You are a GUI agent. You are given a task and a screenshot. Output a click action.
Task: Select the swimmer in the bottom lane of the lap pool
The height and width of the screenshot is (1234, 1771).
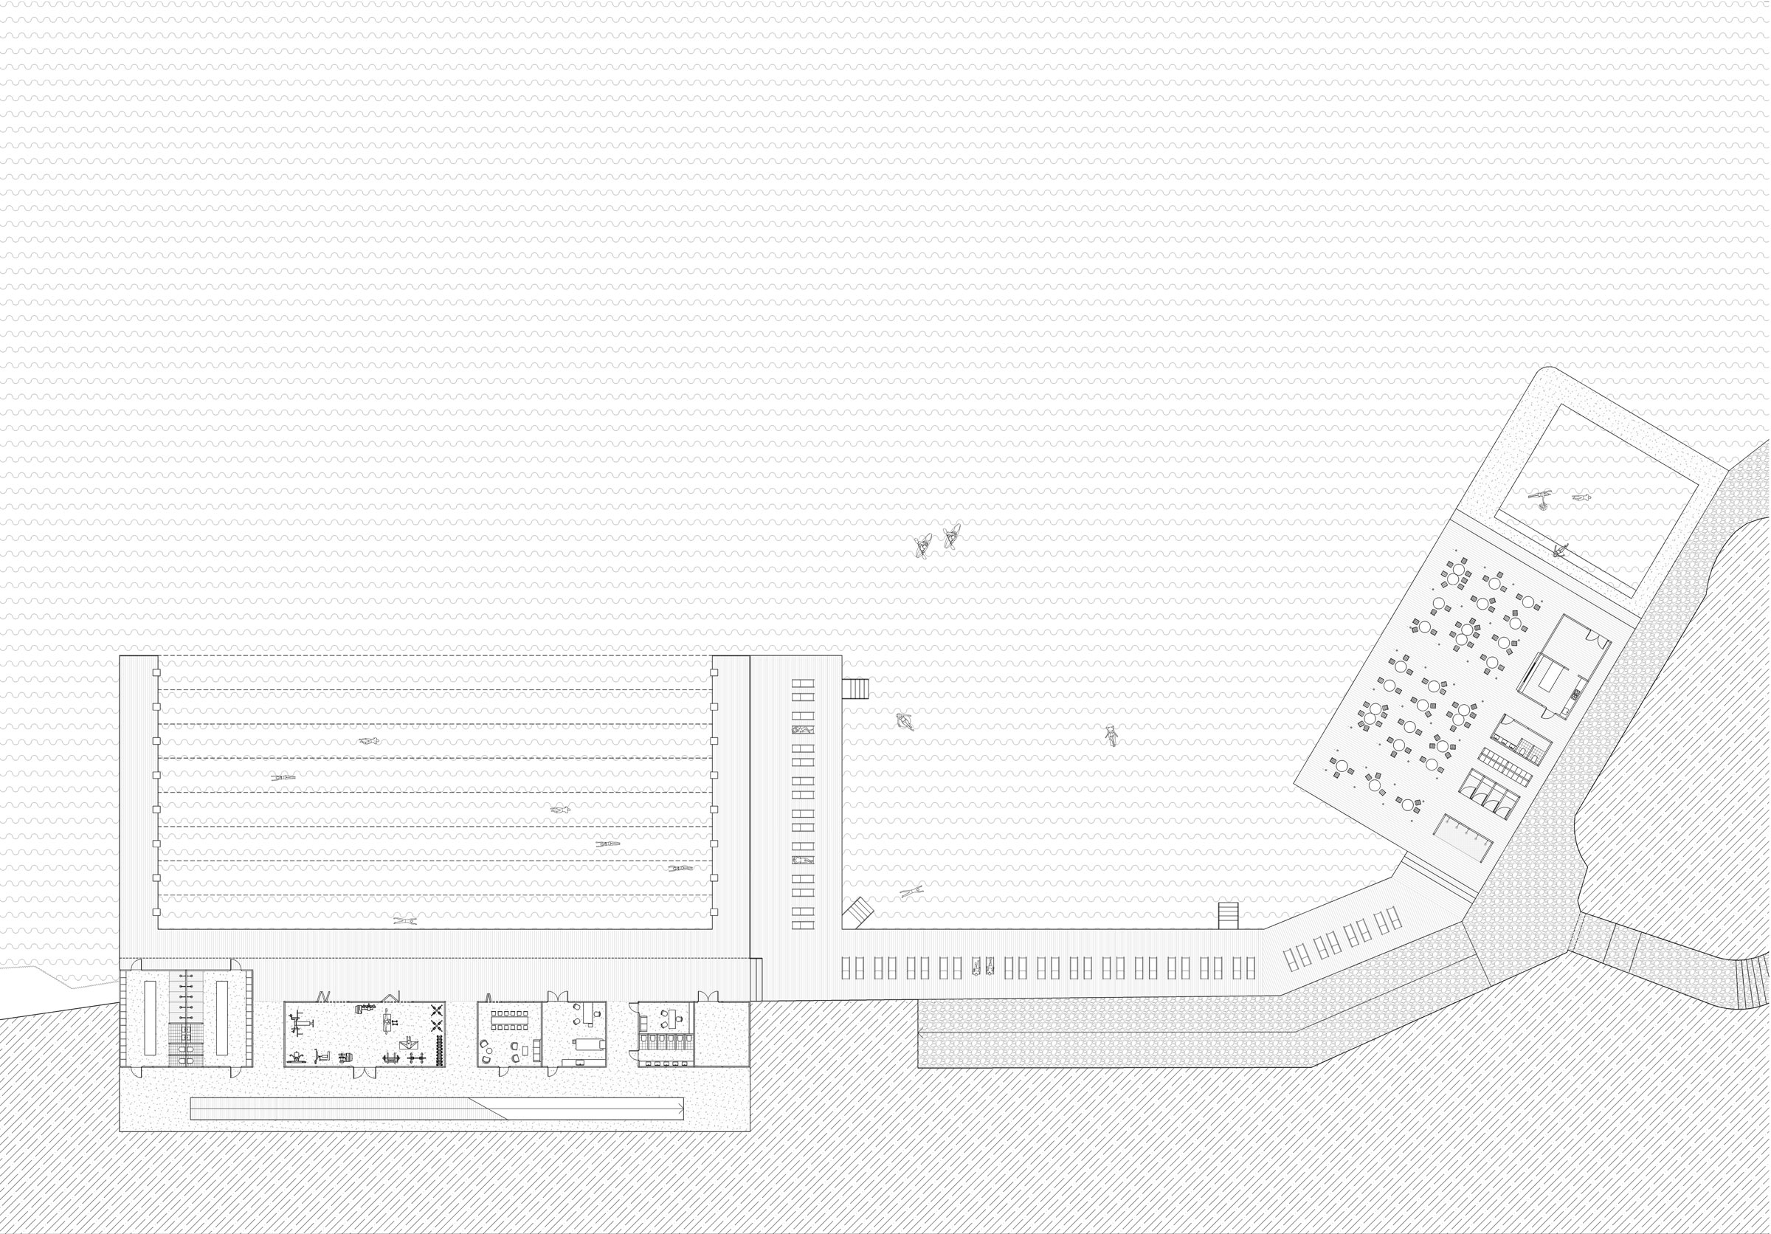[404, 920]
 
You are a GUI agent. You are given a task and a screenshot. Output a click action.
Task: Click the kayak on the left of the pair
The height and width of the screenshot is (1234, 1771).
[922, 546]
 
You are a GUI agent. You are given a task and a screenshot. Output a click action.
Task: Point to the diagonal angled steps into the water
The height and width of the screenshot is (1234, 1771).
[857, 914]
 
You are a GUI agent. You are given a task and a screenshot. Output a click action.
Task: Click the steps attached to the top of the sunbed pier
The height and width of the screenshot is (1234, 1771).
[855, 688]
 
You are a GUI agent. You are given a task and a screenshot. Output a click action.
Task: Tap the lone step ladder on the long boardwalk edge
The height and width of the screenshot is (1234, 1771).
[1228, 914]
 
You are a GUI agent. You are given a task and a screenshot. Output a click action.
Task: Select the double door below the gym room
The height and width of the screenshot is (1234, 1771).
[365, 1072]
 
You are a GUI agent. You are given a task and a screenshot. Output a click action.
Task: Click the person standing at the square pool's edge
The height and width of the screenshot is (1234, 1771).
[1561, 551]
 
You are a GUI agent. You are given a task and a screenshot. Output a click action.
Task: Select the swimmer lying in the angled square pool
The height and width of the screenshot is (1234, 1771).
[1581, 497]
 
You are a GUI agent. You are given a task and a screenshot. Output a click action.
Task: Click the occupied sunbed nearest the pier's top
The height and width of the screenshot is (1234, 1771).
[803, 730]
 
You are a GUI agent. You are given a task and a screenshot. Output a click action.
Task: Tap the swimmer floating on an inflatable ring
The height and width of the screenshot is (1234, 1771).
[905, 721]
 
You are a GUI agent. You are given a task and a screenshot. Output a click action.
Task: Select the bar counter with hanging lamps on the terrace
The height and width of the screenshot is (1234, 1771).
[1460, 838]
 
